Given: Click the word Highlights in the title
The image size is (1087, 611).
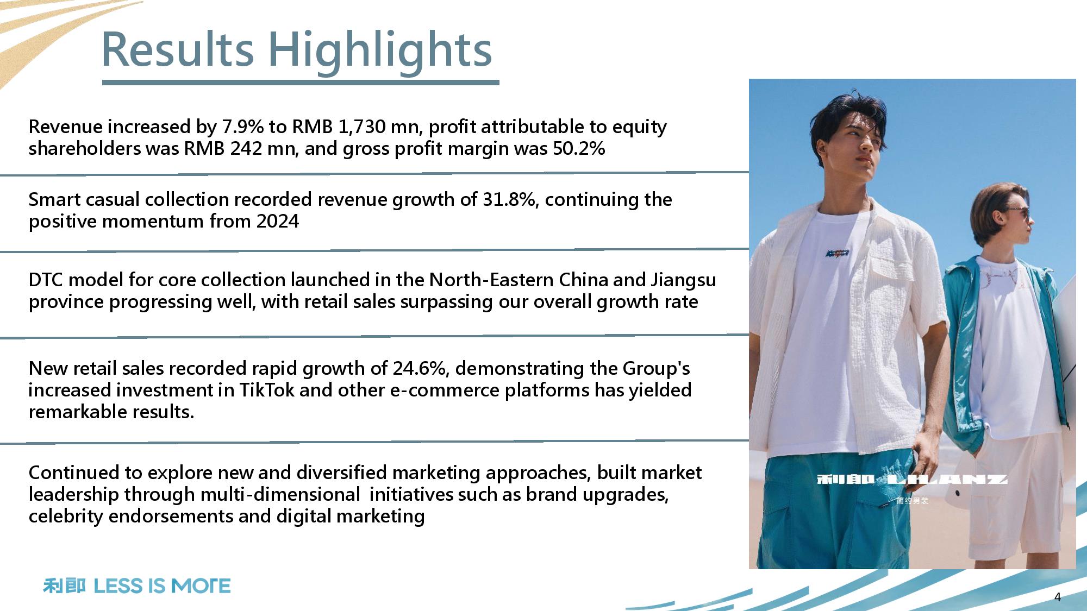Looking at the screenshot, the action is pyautogui.click(x=380, y=51).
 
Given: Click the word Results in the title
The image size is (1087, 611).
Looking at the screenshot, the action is pyautogui.click(x=178, y=49).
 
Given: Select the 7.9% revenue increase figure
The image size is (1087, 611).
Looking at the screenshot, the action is pyautogui.click(x=243, y=127).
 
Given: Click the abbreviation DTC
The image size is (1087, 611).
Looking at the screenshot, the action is pyautogui.click(x=46, y=280).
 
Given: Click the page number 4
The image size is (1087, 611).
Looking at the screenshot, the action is pyautogui.click(x=1057, y=597).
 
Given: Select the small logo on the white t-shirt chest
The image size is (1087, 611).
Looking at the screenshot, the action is pyautogui.click(x=838, y=253).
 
